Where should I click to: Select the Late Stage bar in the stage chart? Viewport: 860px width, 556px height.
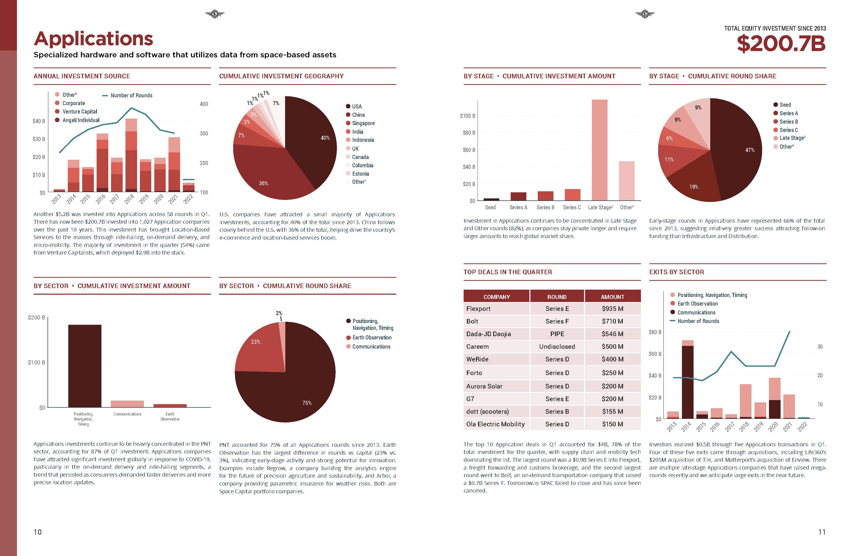click(599, 150)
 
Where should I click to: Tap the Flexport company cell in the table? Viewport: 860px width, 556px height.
click(478, 309)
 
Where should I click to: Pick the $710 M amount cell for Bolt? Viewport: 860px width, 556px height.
click(612, 321)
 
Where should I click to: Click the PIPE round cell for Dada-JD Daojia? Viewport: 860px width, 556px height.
click(557, 334)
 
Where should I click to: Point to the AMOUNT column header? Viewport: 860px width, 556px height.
click(612, 297)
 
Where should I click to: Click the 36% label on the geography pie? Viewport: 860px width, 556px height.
click(263, 183)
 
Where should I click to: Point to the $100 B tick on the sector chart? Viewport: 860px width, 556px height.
click(36, 362)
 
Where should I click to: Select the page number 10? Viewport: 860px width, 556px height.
click(38, 532)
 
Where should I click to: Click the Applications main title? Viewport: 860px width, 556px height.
click(93, 39)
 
